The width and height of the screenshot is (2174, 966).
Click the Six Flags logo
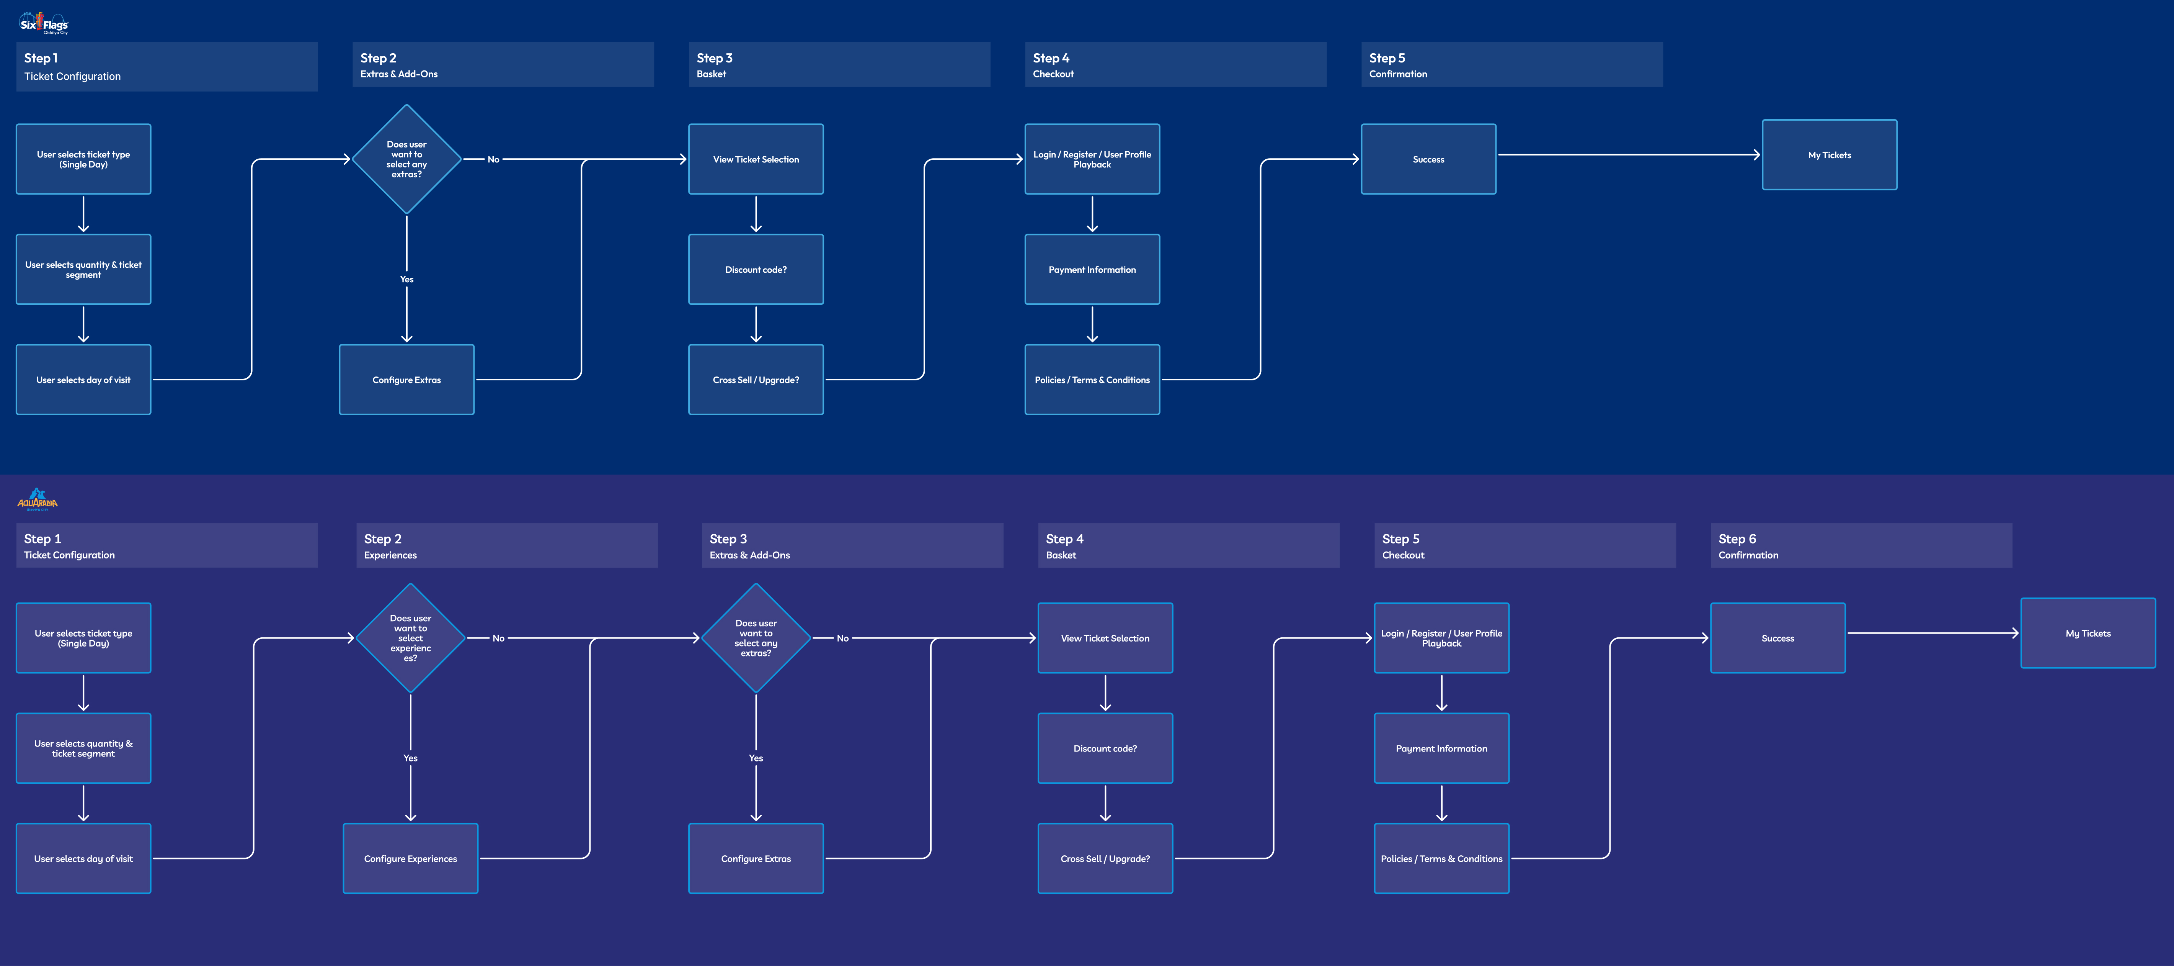pos(43,23)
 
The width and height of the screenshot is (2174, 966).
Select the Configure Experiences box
pos(410,858)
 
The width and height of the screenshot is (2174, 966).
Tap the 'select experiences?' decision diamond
pos(410,637)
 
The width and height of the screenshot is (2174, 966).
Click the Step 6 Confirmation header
pos(1860,545)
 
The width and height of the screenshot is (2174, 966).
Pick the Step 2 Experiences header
pos(506,545)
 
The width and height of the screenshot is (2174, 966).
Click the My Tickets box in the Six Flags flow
pos(1829,154)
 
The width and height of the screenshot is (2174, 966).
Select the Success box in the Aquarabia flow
pos(1777,637)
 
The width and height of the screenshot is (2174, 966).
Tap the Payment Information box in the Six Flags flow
pos(1092,269)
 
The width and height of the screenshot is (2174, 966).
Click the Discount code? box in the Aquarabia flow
pos(1105,748)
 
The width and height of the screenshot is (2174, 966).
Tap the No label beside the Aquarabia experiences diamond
pos(498,639)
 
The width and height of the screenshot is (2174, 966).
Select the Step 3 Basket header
pos(839,64)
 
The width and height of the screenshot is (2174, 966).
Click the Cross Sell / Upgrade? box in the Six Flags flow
pos(755,379)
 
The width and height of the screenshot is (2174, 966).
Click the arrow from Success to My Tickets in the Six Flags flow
pos(1629,154)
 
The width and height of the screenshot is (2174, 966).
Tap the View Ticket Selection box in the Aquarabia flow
pos(1105,637)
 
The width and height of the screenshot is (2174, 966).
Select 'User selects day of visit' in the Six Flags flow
pos(83,379)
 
